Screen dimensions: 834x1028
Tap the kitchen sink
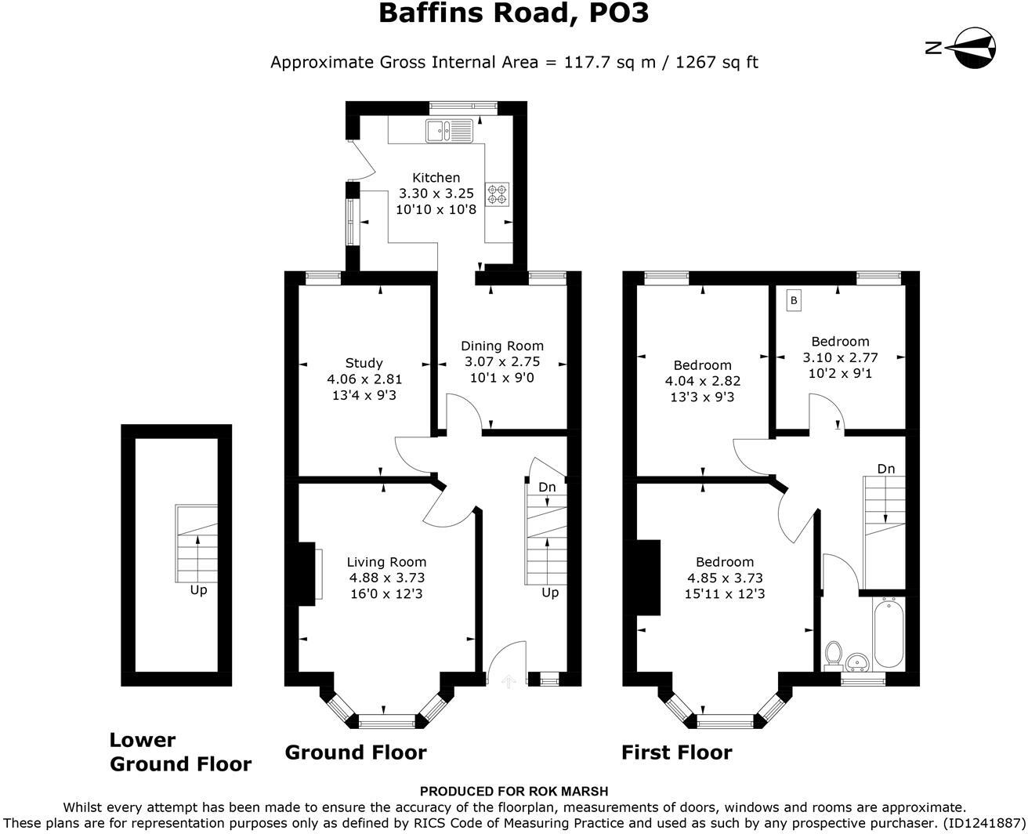(x=450, y=131)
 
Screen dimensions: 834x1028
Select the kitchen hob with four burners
(x=497, y=194)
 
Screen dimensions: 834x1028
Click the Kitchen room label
(x=436, y=178)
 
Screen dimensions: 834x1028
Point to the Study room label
(x=364, y=363)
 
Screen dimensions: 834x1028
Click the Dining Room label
(x=501, y=346)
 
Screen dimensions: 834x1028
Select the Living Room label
(x=386, y=562)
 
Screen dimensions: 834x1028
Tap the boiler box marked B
(x=794, y=300)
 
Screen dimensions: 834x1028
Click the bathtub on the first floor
(x=888, y=633)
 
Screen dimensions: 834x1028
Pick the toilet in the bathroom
(x=834, y=653)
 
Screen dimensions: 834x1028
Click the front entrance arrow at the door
(x=507, y=680)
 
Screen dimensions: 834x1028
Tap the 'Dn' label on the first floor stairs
(x=885, y=469)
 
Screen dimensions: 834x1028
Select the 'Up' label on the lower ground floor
(x=198, y=589)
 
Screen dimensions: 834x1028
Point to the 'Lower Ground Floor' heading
(x=180, y=752)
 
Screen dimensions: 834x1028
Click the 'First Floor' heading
(x=676, y=752)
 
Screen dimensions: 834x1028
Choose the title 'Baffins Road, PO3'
(x=513, y=13)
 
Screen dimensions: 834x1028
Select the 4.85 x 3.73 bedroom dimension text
(x=725, y=578)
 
